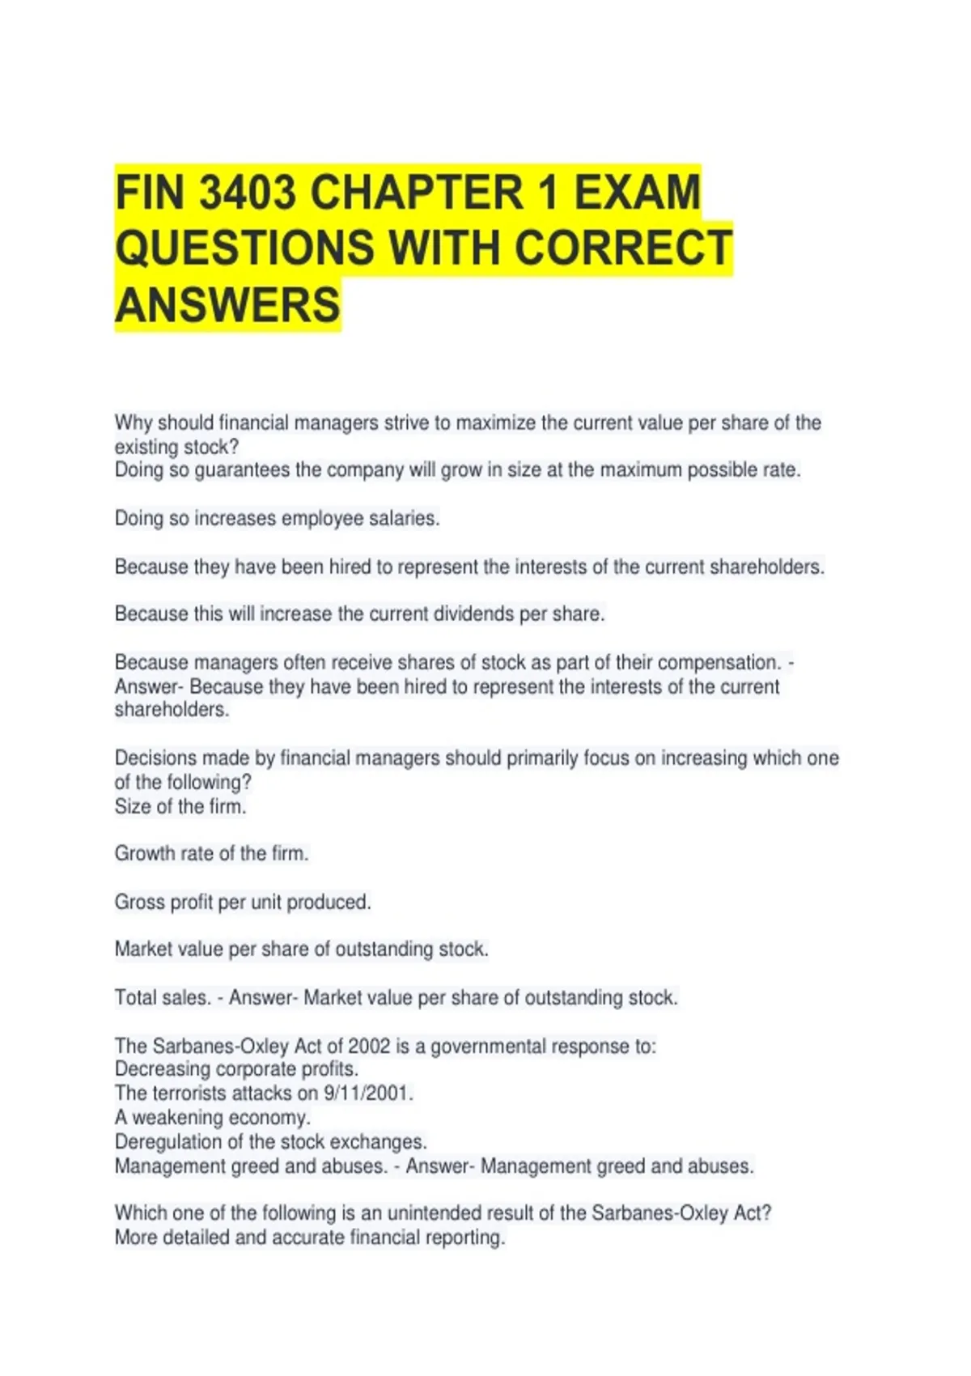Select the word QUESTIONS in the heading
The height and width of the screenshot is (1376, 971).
click(x=244, y=248)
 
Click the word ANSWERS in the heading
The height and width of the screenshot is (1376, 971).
click(x=227, y=305)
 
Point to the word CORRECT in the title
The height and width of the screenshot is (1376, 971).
click(x=623, y=248)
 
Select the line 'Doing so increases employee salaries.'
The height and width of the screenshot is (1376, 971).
click(x=277, y=518)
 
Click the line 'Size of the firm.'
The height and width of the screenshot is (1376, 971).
click(x=180, y=806)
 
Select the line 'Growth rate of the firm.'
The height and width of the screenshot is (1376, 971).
click(x=211, y=853)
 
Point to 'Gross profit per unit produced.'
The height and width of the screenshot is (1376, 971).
click(x=243, y=902)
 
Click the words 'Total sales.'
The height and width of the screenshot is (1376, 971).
click(x=163, y=997)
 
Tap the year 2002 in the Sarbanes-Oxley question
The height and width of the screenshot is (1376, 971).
click(x=369, y=1046)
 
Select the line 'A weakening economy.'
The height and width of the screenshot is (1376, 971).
click(x=213, y=1117)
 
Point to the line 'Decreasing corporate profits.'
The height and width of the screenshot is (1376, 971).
click(x=236, y=1068)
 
